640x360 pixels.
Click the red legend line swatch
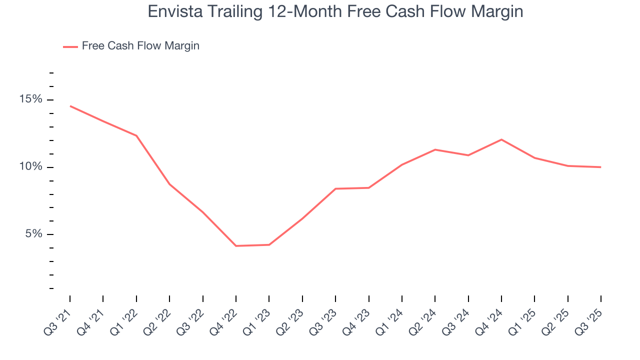point(70,46)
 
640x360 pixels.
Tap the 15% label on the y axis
point(31,99)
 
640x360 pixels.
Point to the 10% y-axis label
point(31,167)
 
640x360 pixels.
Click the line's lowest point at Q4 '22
point(236,246)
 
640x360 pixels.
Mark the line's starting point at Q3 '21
point(70,106)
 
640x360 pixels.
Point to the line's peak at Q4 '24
point(501,139)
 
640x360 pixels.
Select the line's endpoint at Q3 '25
point(600,167)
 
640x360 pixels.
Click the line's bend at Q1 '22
point(136,135)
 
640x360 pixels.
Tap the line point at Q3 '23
point(335,188)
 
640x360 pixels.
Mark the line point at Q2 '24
point(435,149)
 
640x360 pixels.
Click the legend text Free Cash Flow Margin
point(140,46)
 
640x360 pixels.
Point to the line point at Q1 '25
point(534,158)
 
